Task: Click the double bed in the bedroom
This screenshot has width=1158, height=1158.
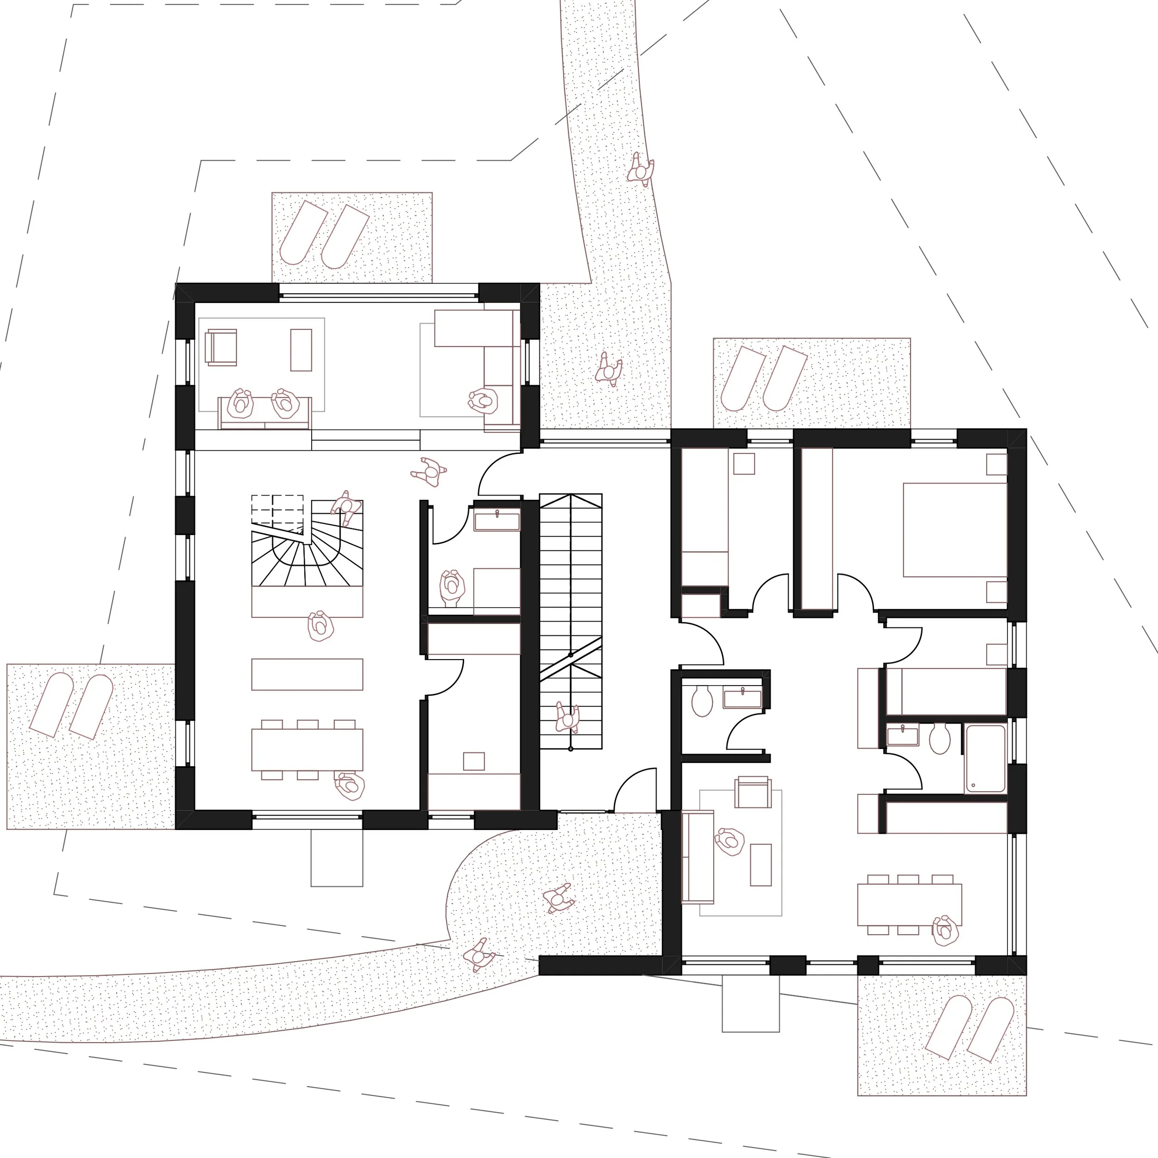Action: tap(954, 529)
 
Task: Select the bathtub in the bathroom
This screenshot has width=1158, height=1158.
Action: tap(985, 758)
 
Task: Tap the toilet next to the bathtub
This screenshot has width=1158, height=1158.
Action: tap(939, 738)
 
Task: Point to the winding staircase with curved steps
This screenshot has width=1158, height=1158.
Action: tap(307, 551)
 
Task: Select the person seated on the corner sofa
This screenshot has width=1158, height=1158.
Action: tap(484, 400)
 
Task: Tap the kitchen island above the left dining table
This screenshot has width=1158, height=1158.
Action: tap(307, 674)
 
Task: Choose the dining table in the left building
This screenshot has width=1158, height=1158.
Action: tap(307, 749)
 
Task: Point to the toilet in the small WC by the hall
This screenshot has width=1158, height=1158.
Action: tap(701, 701)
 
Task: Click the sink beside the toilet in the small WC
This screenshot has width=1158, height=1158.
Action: tap(742, 699)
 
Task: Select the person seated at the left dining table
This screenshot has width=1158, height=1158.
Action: tap(349, 785)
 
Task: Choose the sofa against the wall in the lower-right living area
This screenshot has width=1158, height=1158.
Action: tap(698, 857)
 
